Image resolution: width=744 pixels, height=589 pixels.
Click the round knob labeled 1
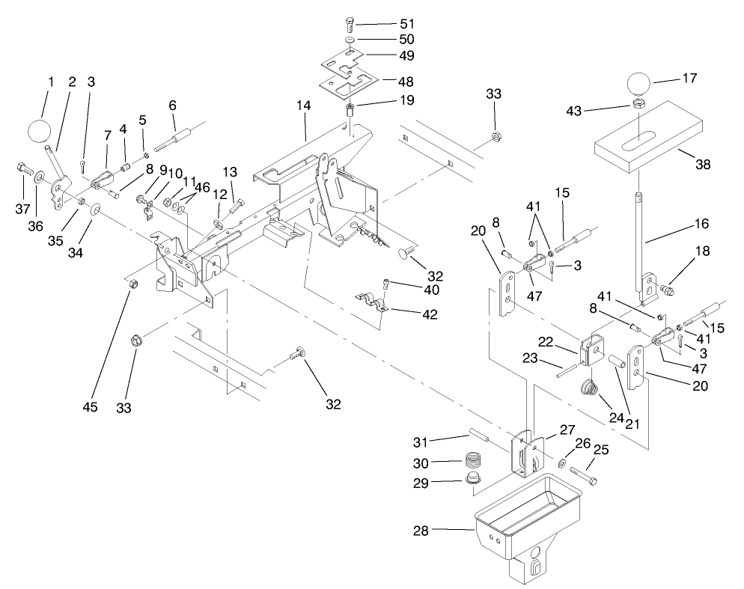(41, 132)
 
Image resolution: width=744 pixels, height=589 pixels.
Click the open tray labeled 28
(528, 516)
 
